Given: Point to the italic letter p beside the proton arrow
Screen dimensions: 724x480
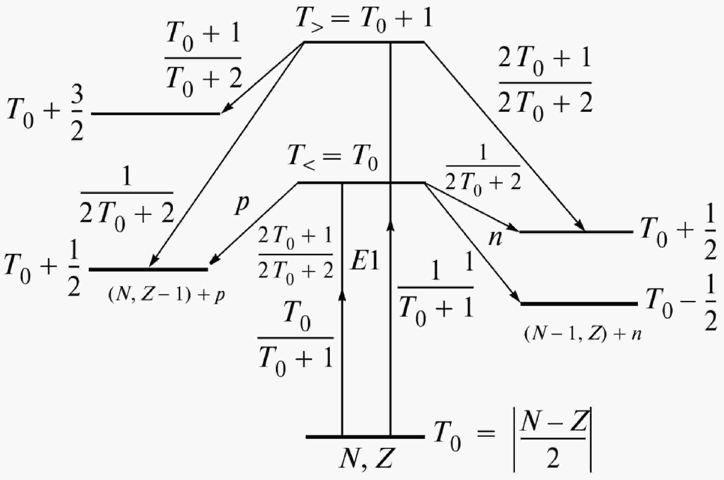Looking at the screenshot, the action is point(242,204).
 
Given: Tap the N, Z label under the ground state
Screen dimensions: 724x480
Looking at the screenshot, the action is point(366,458).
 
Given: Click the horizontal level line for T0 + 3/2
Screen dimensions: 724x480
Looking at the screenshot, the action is point(156,114).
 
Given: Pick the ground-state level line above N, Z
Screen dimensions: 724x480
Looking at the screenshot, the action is point(365,436).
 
